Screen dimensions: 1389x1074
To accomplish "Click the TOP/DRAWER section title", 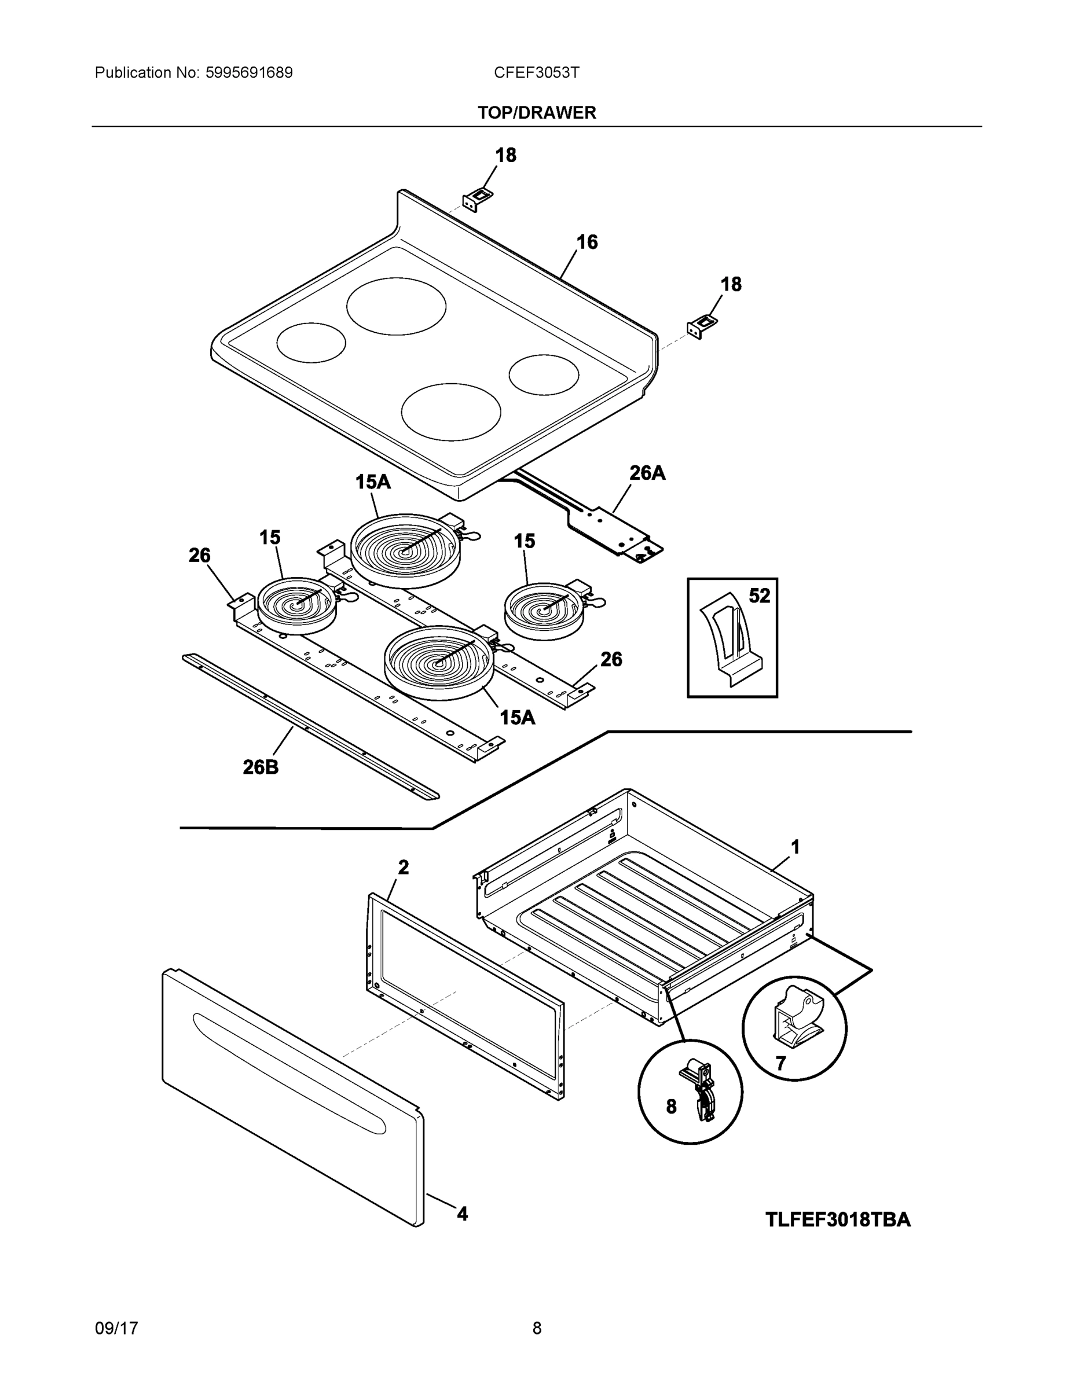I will tap(536, 113).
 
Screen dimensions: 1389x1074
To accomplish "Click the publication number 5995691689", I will tap(249, 72).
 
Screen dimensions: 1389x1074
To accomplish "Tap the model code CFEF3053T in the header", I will tap(536, 72).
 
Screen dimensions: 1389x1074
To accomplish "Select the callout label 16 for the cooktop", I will tap(587, 242).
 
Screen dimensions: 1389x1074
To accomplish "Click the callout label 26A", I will tap(647, 473).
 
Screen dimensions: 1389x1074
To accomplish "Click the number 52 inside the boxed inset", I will tap(759, 596).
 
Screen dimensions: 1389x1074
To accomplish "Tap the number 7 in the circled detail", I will tap(780, 1063).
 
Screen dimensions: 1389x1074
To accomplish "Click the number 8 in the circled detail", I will tap(671, 1107).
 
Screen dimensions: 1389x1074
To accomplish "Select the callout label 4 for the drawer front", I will tap(462, 1214).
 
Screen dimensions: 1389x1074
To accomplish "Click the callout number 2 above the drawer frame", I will tap(404, 867).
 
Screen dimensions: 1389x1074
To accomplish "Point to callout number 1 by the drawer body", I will tap(795, 847).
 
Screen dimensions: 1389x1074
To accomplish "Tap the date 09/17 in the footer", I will tap(116, 1329).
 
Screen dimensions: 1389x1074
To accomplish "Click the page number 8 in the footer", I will tap(536, 1329).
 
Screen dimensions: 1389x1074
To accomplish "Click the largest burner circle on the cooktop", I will tap(396, 306).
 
